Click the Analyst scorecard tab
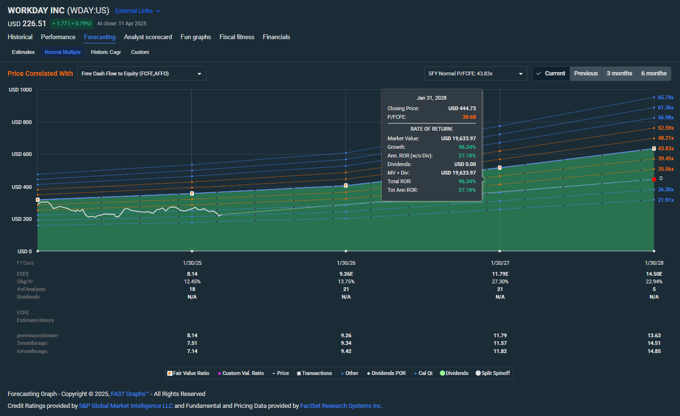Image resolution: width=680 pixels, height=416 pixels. point(148,37)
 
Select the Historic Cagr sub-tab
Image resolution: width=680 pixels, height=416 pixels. point(106,52)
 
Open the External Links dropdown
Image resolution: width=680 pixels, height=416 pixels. point(138,11)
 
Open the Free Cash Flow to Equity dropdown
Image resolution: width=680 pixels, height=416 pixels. point(141,73)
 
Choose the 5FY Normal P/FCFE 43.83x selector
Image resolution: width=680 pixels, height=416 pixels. point(476,73)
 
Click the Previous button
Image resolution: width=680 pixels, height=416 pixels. point(585,73)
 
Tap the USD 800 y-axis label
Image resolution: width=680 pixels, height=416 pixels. point(21,122)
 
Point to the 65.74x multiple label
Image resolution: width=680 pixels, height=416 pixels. point(666,97)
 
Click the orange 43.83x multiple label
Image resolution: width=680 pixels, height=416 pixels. point(666,148)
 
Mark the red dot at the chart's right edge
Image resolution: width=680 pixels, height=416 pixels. point(654,179)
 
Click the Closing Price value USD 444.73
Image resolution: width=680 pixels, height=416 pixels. point(462,109)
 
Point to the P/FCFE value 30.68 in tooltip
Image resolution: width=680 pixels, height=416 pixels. point(469,117)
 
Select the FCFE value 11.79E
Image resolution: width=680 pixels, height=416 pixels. point(500,274)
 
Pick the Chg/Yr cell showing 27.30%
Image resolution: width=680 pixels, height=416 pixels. point(500,281)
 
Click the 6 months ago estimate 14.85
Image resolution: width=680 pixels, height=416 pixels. point(654,351)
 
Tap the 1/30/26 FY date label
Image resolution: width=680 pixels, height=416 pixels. point(346,263)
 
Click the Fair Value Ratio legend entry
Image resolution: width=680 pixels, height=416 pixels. point(189,373)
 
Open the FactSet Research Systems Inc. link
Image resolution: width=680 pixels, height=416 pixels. point(341,406)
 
